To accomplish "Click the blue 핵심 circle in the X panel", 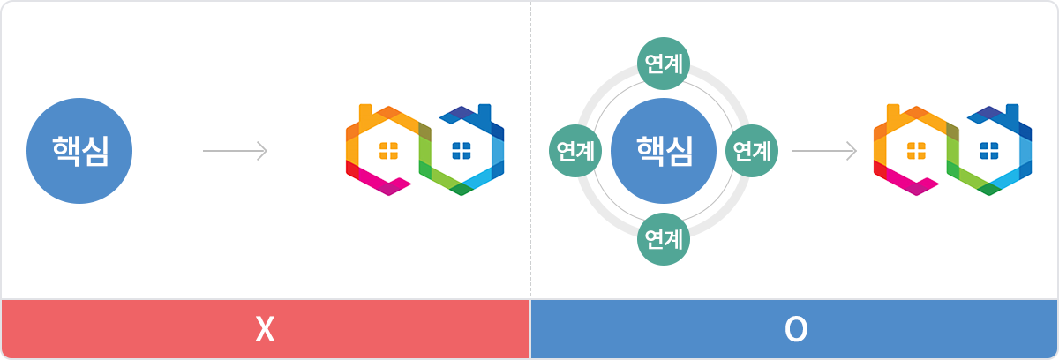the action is click(79, 151).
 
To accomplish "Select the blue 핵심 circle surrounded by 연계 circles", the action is click(664, 151).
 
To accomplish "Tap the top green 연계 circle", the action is click(664, 64).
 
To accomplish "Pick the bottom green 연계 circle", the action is click(664, 239).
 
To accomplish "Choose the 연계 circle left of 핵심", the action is click(575, 151).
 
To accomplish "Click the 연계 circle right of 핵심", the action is click(752, 151).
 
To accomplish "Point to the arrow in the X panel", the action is click(236, 151).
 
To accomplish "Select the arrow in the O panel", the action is click(825, 151).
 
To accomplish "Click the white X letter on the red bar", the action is click(265, 329).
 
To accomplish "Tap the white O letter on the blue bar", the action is click(796, 329).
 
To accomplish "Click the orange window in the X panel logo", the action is click(388, 151).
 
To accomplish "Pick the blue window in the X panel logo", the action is click(462, 151).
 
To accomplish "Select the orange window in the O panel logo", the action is click(916, 151).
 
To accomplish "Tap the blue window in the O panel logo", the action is click(989, 151).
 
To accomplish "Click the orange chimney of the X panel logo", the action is click(365, 113).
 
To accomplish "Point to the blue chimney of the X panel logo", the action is click(484, 113).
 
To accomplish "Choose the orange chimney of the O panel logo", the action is click(892, 113).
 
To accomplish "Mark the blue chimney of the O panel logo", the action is click(1012, 113).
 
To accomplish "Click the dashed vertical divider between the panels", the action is click(530, 150).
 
